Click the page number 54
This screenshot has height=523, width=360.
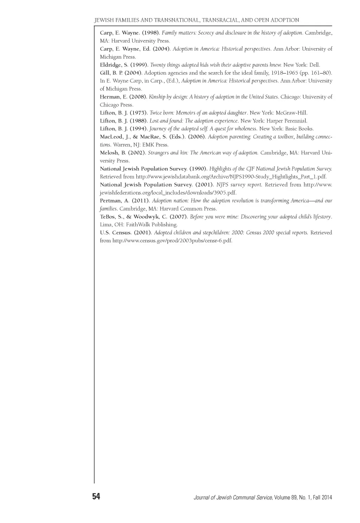[x=96, y=496]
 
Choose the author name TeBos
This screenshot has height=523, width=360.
[x=108, y=217]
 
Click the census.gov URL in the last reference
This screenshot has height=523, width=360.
[x=172, y=241]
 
